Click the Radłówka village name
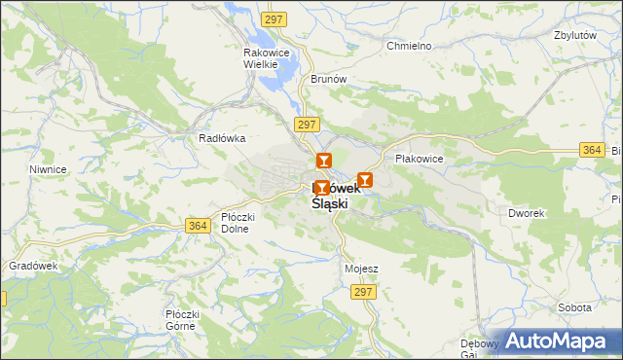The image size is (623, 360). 221,138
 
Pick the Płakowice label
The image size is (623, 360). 419,158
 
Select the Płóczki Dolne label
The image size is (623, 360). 235,223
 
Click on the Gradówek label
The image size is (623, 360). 34,266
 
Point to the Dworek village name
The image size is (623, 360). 527,212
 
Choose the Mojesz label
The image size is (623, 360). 361,269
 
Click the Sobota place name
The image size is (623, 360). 574,307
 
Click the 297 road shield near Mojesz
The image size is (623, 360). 364,292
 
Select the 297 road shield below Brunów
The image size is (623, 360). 306,125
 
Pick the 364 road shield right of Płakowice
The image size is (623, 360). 591,150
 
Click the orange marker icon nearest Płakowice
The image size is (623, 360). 364,180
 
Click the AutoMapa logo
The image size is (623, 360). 561,341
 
